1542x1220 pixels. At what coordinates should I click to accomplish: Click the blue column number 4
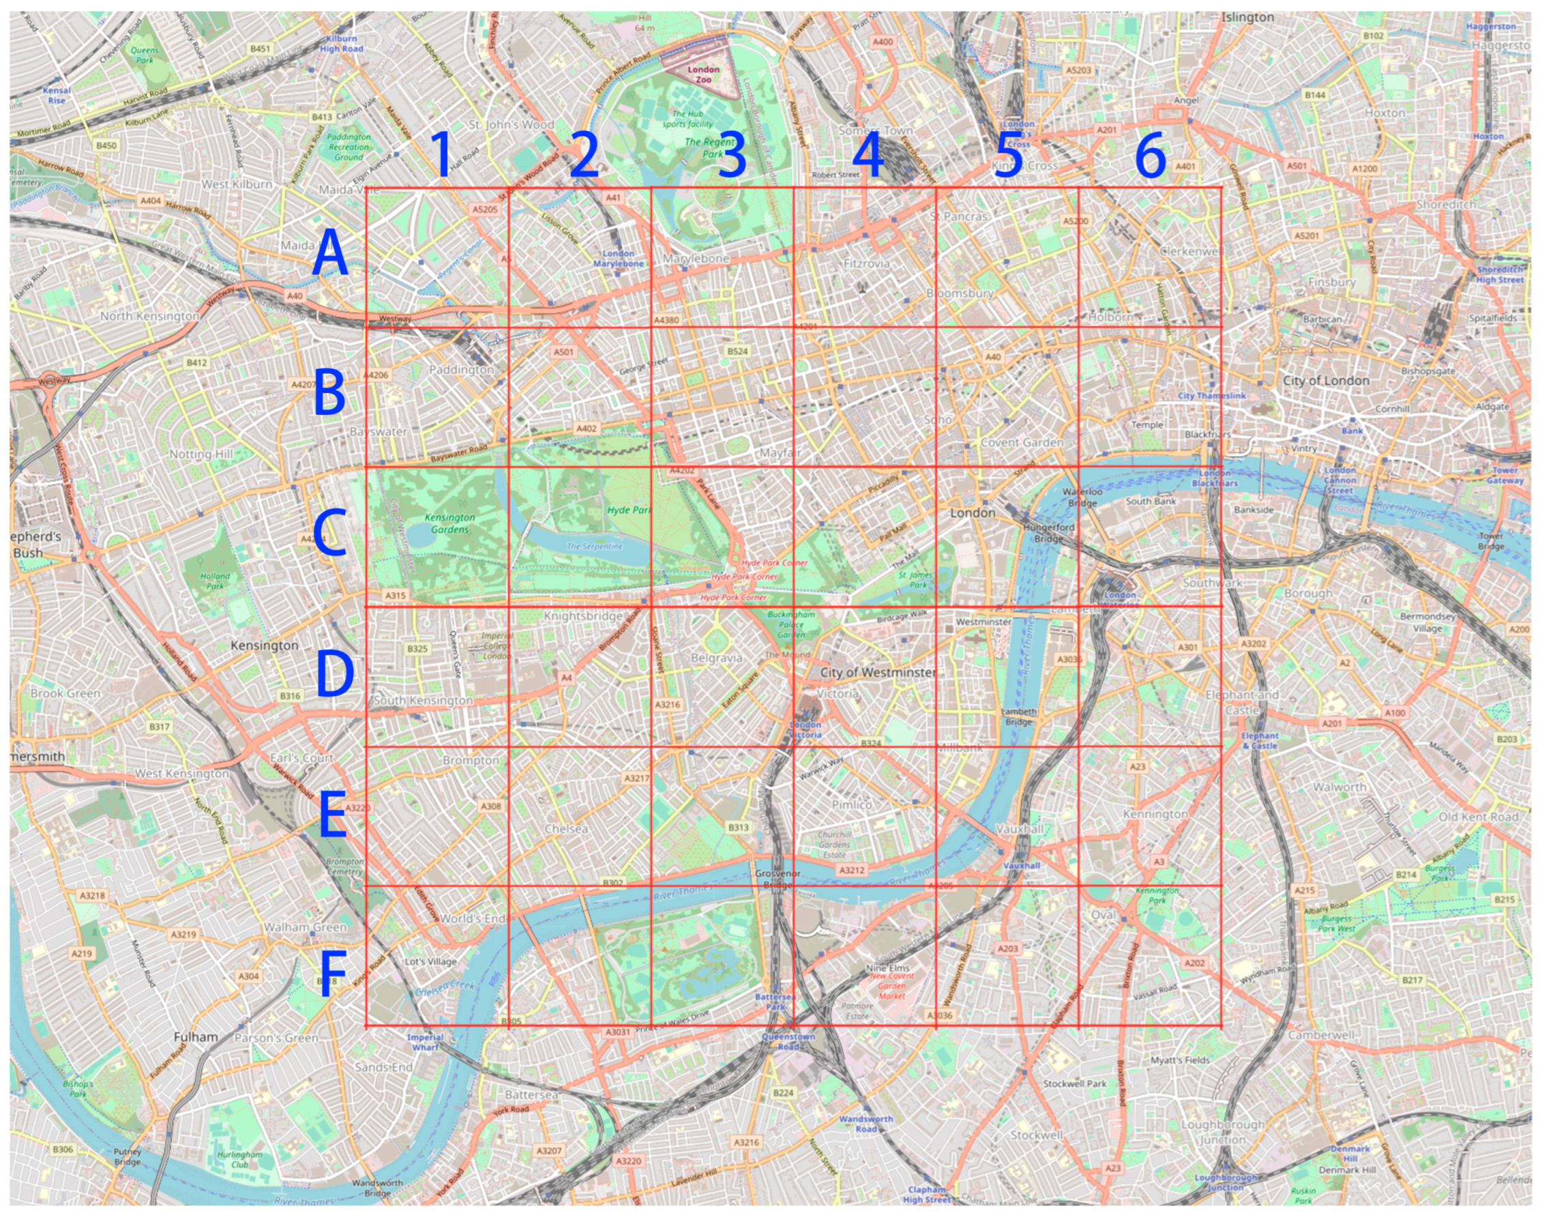[868, 155]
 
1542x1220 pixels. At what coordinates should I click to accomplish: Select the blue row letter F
[332, 974]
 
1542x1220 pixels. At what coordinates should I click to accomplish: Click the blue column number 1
[442, 155]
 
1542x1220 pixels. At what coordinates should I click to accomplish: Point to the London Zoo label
[703, 74]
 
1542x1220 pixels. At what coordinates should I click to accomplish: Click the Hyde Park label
[629, 510]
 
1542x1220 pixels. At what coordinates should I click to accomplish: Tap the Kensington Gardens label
[449, 523]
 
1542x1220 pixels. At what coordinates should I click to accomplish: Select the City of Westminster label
[877, 672]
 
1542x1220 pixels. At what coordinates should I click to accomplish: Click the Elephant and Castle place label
[1241, 702]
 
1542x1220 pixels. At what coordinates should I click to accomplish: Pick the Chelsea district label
[566, 828]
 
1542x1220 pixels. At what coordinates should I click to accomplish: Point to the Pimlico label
[851, 804]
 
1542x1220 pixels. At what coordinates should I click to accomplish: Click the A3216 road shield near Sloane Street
[668, 704]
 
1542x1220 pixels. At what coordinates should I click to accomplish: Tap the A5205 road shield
[485, 209]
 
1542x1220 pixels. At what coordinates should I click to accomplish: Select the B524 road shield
[737, 351]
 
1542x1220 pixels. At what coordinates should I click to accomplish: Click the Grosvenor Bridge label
[777, 880]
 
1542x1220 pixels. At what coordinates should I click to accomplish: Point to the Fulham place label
[196, 1036]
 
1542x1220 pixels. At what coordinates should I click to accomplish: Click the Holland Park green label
[215, 581]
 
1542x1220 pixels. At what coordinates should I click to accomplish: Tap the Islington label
[1247, 17]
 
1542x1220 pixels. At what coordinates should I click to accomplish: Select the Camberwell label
[1322, 1035]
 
